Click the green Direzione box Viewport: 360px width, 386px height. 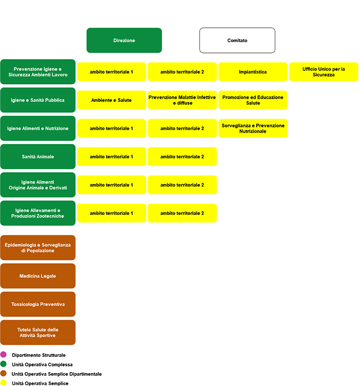[124, 41]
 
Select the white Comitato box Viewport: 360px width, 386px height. [237, 41]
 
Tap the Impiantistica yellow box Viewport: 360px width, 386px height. [253, 71]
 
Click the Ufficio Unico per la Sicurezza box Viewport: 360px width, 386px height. [323, 71]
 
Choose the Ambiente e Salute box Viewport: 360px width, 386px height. [112, 100]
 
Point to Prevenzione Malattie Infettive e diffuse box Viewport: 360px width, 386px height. [182, 100]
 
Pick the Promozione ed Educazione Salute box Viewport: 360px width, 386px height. [253, 100]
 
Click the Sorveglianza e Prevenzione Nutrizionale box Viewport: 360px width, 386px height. [253, 128]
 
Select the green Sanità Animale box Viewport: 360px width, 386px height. [38, 157]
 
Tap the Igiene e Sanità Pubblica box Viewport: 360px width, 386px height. [38, 100]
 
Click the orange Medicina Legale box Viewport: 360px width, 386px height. [38, 276]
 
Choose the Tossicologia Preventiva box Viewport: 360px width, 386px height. [38, 304]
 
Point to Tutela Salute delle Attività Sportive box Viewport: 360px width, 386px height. [38, 333]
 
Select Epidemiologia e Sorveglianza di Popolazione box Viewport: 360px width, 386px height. [38, 248]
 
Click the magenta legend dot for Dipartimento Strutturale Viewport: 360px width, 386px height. [4, 355]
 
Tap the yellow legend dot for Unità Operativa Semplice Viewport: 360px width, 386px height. [4, 383]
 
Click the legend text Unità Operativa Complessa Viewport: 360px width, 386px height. [42, 364]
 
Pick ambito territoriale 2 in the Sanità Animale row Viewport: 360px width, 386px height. [182, 157]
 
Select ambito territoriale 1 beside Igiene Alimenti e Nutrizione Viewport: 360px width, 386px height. [112, 128]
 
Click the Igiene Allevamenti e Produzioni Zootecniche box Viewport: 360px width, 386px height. [38, 213]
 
